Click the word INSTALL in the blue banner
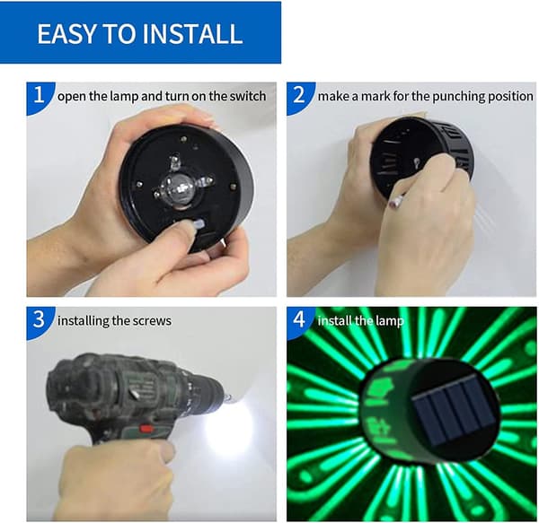pyautogui.click(x=192, y=33)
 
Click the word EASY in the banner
pyautogui.click(x=66, y=33)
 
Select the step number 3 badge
pyautogui.click(x=39, y=320)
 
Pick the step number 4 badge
pyautogui.click(x=299, y=320)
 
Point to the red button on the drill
pyautogui.click(x=147, y=428)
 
